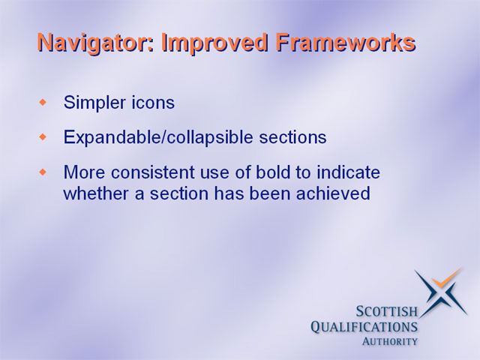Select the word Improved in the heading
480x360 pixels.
click(x=215, y=43)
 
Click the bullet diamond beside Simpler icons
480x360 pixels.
click(x=43, y=102)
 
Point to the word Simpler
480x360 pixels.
click(x=94, y=103)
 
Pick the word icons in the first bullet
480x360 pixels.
click(x=153, y=102)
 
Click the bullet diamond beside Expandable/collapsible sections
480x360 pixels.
click(x=43, y=137)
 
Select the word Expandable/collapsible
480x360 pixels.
click(x=158, y=137)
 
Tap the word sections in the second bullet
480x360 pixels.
click(x=293, y=137)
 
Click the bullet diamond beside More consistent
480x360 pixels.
click(x=43, y=172)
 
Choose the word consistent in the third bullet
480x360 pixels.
click(x=153, y=172)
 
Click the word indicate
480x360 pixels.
click(x=348, y=172)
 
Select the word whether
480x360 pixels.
click(x=97, y=193)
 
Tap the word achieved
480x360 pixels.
click(x=333, y=193)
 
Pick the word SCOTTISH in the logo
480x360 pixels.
click(x=387, y=312)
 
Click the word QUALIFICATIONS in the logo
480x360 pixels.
click(x=364, y=327)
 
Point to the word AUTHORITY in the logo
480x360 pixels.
click(x=390, y=341)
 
